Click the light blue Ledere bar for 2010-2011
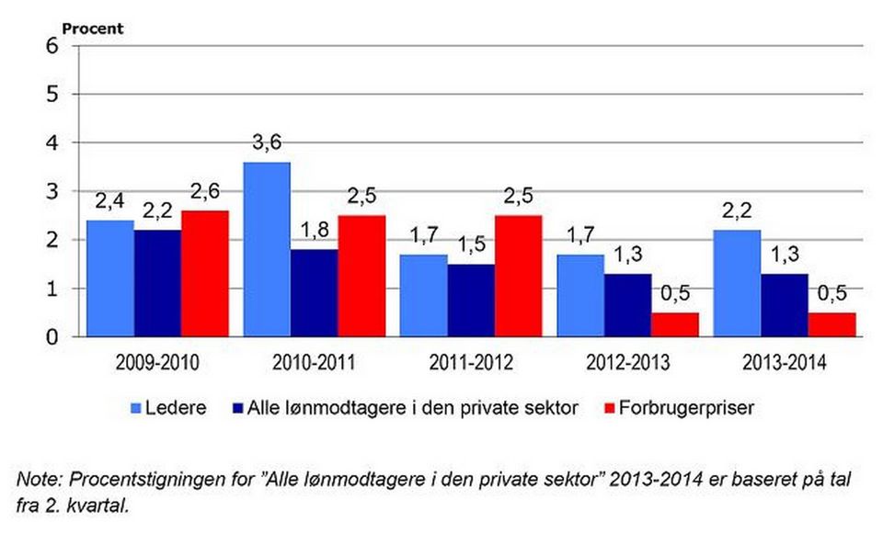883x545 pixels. (x=267, y=250)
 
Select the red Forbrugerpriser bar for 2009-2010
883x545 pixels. (x=205, y=274)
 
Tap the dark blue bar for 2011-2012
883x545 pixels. (x=471, y=301)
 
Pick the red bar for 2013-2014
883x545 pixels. (x=831, y=325)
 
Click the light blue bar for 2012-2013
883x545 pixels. (x=580, y=296)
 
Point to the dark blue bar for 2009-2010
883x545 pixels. (x=157, y=283)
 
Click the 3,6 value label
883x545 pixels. (x=267, y=142)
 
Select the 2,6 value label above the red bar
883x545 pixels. (x=205, y=192)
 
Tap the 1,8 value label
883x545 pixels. (x=315, y=230)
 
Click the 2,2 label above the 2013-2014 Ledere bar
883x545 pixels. (x=737, y=210)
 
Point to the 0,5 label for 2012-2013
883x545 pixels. (x=675, y=293)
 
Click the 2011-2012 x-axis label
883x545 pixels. (x=471, y=363)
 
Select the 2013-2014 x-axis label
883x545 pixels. (x=785, y=363)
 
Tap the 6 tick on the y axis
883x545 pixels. (x=52, y=46)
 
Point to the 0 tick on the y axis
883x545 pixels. (x=52, y=337)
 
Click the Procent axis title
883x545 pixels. (x=92, y=28)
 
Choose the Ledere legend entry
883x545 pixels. (x=168, y=408)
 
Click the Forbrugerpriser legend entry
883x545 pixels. (x=679, y=408)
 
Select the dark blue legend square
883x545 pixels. (x=236, y=408)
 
